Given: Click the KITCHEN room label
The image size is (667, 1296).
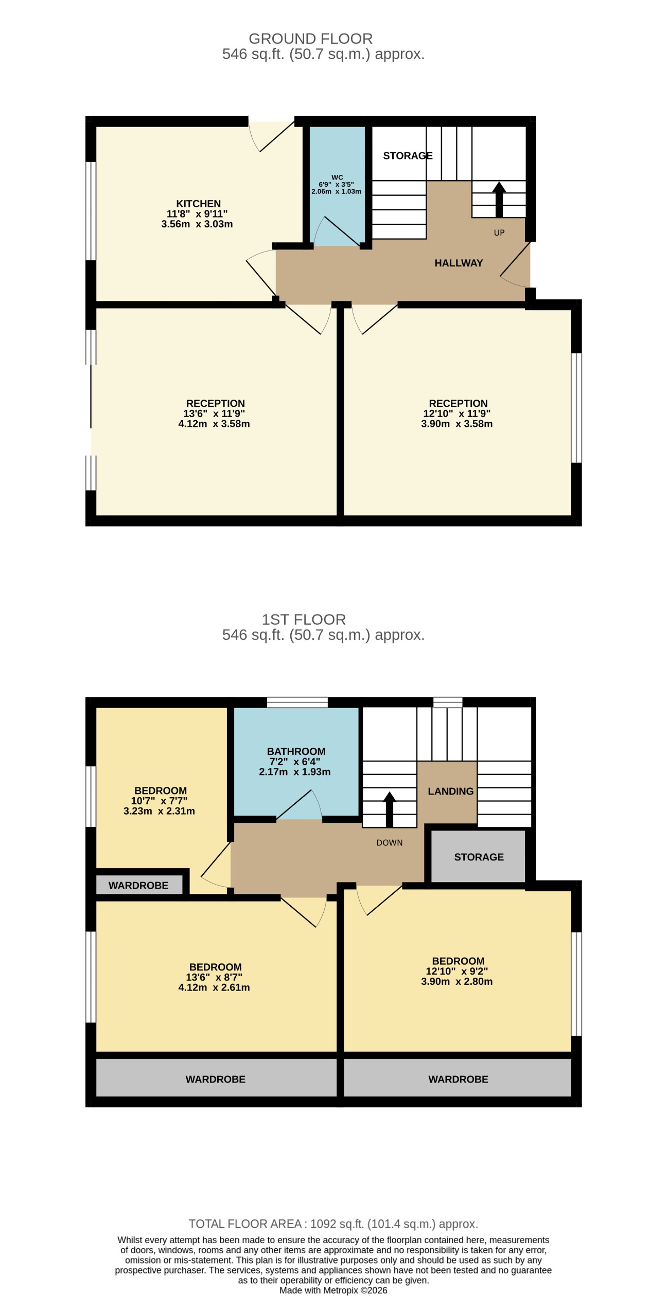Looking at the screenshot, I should (x=198, y=204).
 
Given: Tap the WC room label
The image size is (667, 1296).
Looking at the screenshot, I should (x=337, y=177).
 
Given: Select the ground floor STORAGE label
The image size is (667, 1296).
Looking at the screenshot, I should (x=407, y=156).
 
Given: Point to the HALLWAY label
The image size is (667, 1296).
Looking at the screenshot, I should (x=458, y=263).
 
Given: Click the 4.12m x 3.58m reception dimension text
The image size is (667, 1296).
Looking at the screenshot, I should (x=214, y=424).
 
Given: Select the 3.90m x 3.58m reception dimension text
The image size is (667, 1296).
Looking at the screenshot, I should (x=457, y=424).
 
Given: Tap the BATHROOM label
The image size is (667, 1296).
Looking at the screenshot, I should (x=296, y=751).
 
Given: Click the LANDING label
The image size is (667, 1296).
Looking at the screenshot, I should (x=450, y=791).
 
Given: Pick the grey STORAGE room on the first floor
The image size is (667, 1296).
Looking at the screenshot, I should (x=479, y=857).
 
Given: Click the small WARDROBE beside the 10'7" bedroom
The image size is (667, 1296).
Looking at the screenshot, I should (x=138, y=885).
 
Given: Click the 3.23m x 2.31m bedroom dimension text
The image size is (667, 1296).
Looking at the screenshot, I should (x=159, y=811).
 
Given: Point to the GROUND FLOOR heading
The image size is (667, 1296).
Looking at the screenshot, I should (x=310, y=39).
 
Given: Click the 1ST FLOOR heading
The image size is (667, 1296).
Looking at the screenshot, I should (x=304, y=620).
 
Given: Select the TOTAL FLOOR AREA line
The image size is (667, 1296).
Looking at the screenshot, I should (x=333, y=1224).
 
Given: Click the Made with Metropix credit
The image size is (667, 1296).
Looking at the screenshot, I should (x=333, y=1290).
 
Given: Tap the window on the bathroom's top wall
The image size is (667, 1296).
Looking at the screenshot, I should (x=297, y=703).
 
